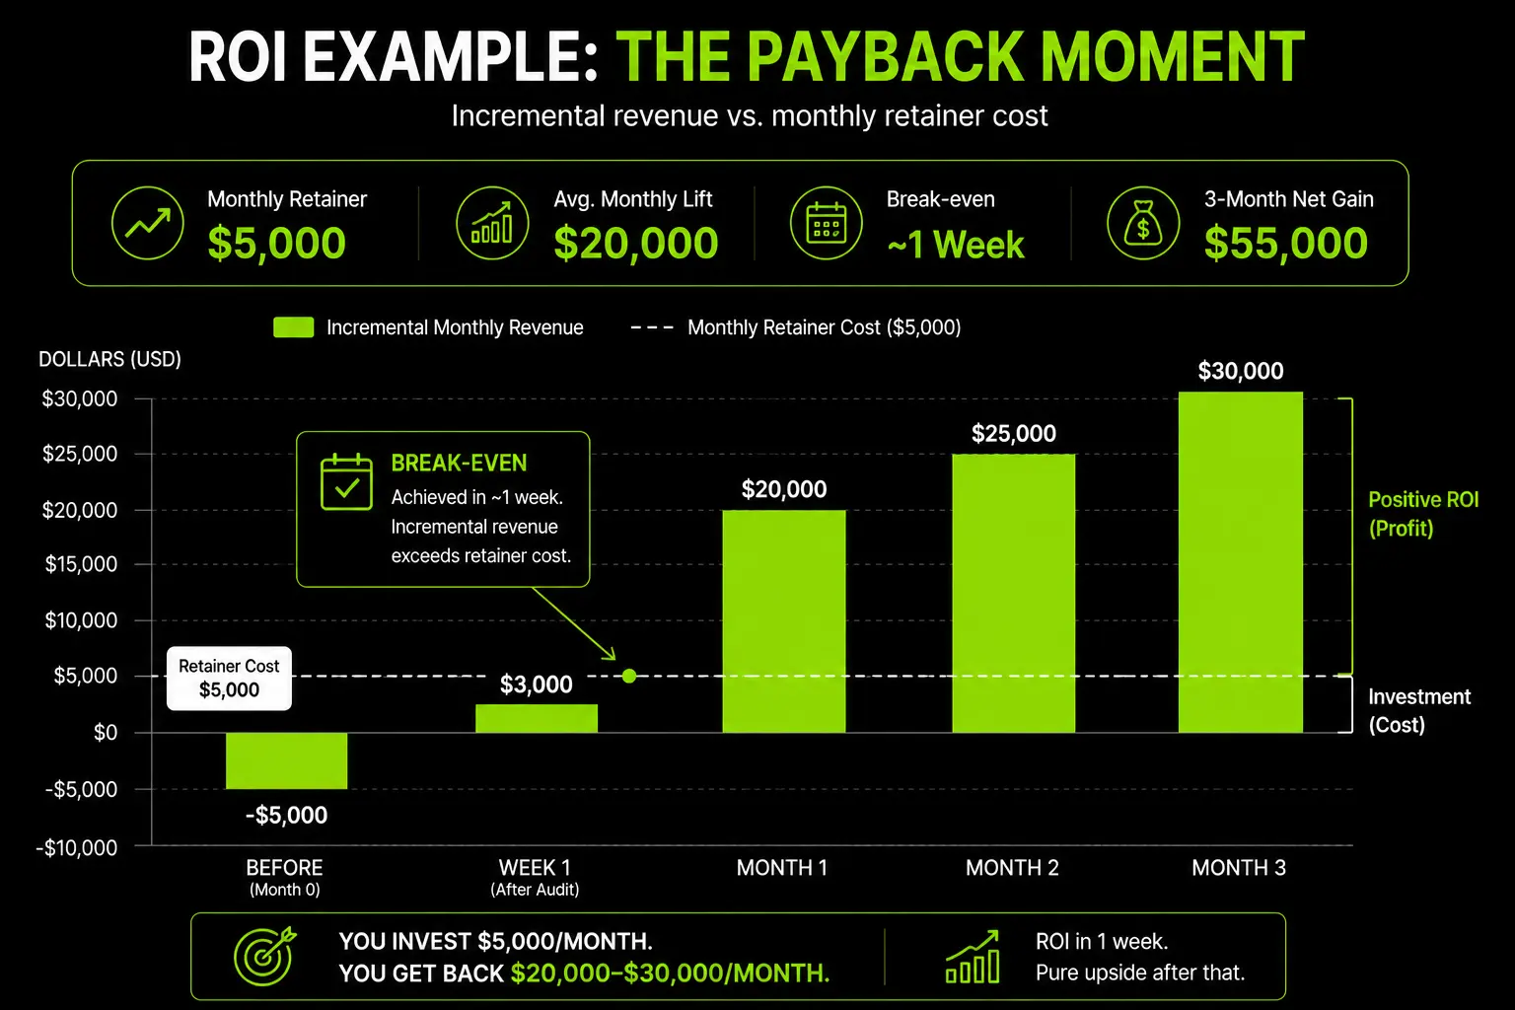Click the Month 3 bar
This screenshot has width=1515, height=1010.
point(1241,562)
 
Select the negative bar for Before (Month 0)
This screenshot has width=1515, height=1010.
point(287,760)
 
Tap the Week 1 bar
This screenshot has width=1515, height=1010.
point(537,718)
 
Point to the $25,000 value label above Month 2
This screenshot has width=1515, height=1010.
point(1013,433)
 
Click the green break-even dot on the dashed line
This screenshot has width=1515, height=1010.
point(629,676)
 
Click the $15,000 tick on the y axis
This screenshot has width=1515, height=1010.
point(81,564)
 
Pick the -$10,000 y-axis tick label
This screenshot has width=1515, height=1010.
point(76,847)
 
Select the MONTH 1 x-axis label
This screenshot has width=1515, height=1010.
point(782,867)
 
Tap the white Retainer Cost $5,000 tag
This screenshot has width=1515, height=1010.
point(229,678)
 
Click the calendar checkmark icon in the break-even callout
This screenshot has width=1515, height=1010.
point(346,481)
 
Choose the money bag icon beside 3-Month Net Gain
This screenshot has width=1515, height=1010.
point(1143,223)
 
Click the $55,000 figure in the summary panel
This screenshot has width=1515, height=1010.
point(1286,243)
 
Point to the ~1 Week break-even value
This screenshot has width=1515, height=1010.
point(956,245)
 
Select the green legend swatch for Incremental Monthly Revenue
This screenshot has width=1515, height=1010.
point(294,327)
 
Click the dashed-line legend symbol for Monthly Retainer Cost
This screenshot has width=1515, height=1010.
point(652,327)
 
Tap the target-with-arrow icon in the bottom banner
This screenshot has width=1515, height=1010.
point(264,956)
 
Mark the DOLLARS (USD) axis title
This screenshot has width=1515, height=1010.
point(109,359)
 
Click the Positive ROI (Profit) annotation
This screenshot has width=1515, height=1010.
point(1423,514)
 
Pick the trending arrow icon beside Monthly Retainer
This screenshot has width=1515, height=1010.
point(147,223)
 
